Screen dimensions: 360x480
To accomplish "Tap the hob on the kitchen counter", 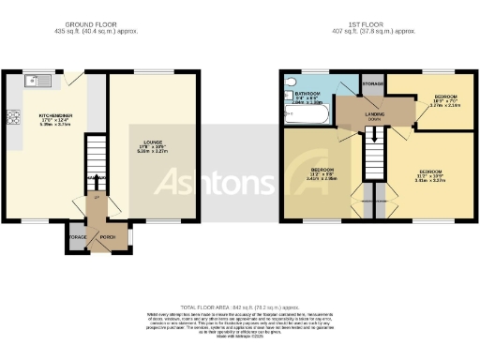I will point(13,118).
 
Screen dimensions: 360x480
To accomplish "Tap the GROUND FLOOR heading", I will point(92,24).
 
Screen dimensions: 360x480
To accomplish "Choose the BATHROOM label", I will point(307,95).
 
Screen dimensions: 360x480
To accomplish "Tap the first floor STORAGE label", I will point(373,83).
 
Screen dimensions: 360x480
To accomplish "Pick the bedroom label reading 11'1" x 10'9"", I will point(431,175).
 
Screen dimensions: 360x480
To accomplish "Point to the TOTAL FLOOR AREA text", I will point(239,307).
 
